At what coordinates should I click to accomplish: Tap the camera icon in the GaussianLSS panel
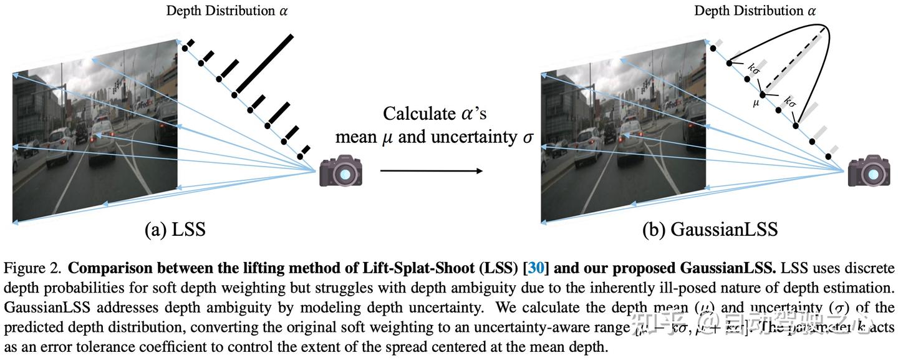869,170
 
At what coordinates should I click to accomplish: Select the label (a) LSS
175,230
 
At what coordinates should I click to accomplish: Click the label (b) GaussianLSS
710,230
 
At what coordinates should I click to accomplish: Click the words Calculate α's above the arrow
434,114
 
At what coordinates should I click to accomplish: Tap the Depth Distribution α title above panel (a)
227,11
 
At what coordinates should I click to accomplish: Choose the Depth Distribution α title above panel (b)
755,11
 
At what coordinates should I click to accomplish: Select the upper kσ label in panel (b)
753,67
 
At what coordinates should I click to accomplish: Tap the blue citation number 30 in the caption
536,269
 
